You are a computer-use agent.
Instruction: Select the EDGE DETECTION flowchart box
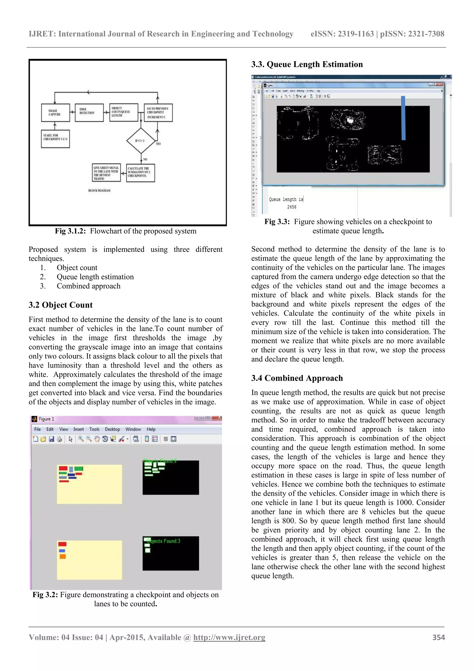(89, 113)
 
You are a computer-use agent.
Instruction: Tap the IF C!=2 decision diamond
(141, 141)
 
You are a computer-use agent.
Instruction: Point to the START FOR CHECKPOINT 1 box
(55, 139)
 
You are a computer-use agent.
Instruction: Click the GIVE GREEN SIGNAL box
(106, 173)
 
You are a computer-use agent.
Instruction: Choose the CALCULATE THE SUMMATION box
(140, 173)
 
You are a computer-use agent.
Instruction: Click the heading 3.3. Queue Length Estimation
(307, 64)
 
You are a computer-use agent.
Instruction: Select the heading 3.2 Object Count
(60, 305)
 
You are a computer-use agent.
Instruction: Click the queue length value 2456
(291, 207)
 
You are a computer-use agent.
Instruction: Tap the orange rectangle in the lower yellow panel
(62, 556)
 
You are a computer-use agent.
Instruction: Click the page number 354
(438, 637)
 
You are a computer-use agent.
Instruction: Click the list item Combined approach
(88, 286)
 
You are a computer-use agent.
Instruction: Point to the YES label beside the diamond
(158, 144)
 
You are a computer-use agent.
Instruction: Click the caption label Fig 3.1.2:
(70, 231)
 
